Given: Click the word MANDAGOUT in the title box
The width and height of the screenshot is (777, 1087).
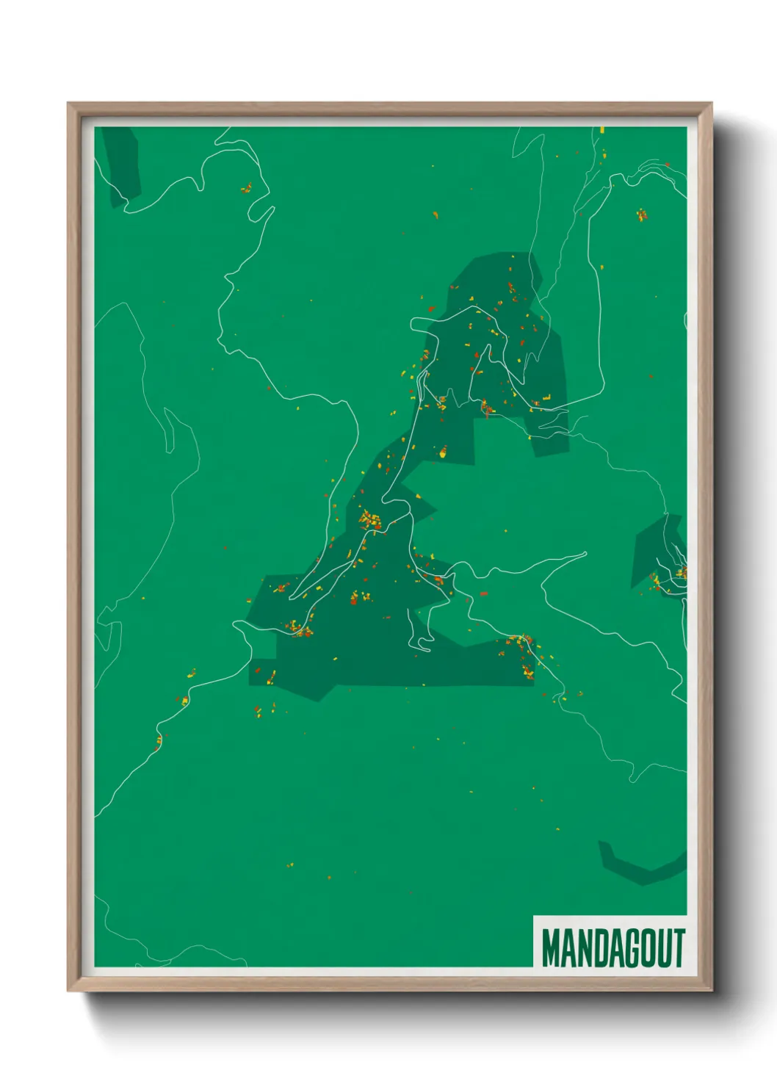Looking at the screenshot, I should [x=612, y=947].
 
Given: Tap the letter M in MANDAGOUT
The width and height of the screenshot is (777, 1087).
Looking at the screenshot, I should [x=550, y=947].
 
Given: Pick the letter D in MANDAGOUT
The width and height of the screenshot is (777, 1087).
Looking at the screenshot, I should [x=595, y=947].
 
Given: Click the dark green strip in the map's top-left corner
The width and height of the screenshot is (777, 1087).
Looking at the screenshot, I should [x=120, y=165].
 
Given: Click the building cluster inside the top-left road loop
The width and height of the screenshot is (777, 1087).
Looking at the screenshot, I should [x=246, y=189].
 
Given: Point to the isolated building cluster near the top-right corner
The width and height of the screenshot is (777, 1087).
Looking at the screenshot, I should [x=642, y=214].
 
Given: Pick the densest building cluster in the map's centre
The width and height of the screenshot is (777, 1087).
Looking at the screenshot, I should [x=369, y=521].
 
